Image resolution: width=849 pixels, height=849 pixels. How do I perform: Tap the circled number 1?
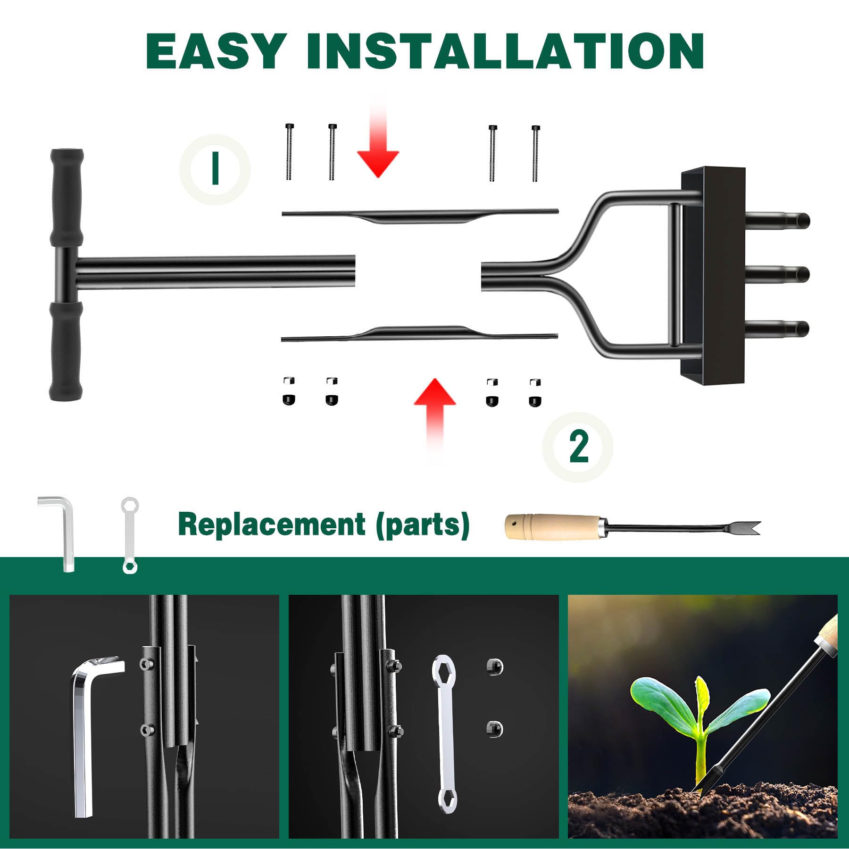coord(215,169)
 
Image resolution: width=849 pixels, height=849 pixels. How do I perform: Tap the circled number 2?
coord(578,447)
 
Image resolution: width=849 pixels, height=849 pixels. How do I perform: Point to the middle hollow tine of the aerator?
coord(778,274)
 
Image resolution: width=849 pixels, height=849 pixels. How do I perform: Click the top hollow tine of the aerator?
coord(778,220)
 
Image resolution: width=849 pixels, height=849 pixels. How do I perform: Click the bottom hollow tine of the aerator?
coord(778,328)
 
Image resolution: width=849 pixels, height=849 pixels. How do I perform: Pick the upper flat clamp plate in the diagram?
coord(420,216)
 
